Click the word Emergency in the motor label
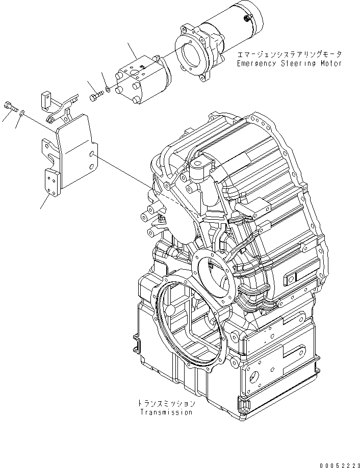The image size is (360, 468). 254,64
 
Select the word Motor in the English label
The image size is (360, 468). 329,64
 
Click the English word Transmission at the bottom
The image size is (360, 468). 166,412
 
